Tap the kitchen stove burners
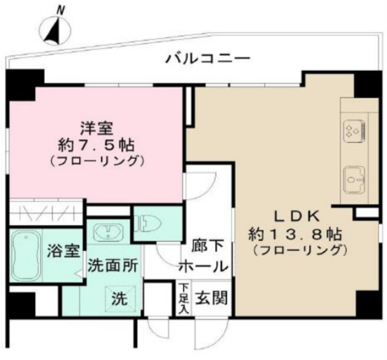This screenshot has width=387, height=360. pyautogui.click(x=353, y=130)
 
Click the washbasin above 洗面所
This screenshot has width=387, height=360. pyautogui.click(x=109, y=232)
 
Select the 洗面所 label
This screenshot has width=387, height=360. pyautogui.click(x=113, y=266)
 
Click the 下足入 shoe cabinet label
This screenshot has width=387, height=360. pyautogui.click(x=183, y=298)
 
